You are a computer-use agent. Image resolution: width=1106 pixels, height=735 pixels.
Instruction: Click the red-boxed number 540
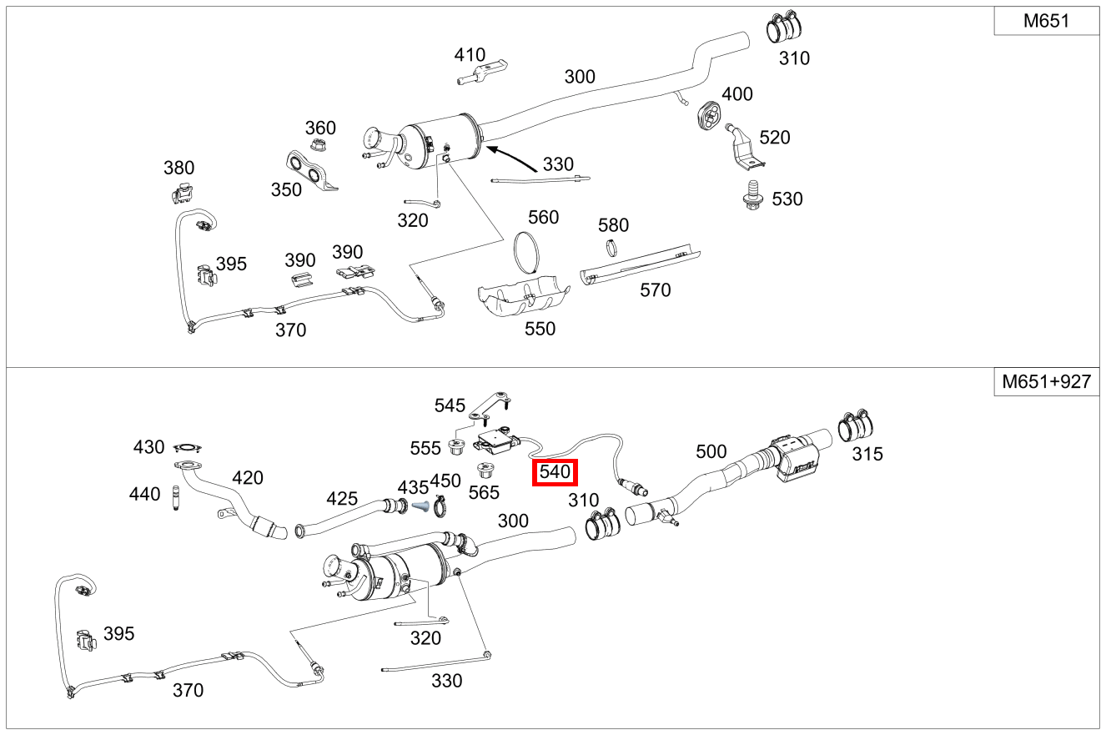pos(555,472)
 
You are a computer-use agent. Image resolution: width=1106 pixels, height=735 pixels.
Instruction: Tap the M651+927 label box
pos(1047,382)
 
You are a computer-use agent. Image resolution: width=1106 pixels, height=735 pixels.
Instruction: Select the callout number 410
pos(470,55)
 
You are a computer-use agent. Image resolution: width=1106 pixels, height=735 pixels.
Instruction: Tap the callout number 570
pos(655,290)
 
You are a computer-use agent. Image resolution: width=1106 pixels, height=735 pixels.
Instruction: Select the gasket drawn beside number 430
pos(189,448)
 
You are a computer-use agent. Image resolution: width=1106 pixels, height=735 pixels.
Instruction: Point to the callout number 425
pos(342,499)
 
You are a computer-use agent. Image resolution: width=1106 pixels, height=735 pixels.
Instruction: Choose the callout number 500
pos(711,451)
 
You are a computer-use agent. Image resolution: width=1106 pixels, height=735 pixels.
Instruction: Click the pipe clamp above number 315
pos(855,426)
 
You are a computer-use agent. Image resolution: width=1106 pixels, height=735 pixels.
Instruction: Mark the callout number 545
pos(450,405)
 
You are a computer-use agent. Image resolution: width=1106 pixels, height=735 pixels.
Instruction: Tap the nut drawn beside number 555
pos(456,446)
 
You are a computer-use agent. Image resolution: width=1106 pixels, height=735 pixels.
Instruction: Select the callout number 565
pos(484,492)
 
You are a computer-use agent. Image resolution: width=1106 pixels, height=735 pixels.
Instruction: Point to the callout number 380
pos(178,168)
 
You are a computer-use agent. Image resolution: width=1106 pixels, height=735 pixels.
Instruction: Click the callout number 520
pos(775,137)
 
